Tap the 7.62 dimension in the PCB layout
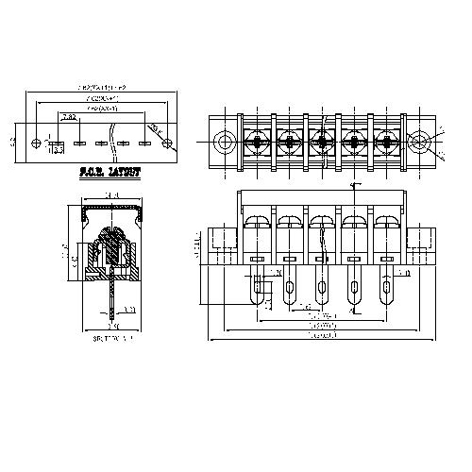69,118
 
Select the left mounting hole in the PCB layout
37,143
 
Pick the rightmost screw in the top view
385,143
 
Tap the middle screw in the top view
321,143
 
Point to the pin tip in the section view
112,313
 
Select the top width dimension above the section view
112,196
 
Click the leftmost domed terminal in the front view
257,224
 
